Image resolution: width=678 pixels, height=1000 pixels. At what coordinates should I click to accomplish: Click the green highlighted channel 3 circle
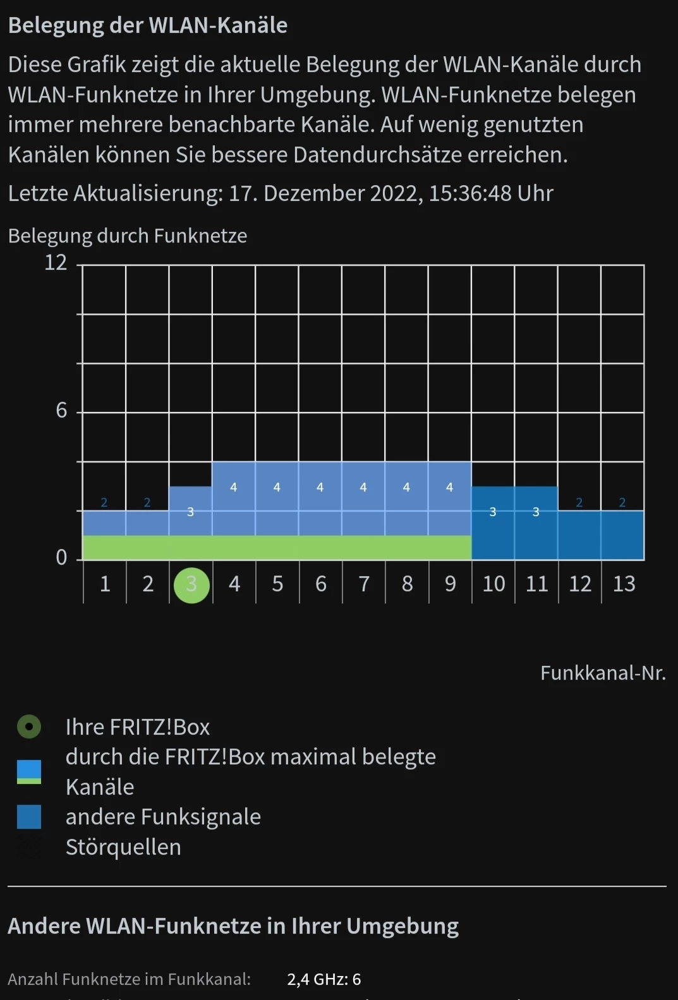[x=191, y=585]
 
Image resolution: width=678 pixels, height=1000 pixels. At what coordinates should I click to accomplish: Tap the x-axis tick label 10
[x=493, y=584]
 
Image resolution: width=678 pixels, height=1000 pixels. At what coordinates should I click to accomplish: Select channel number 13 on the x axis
[x=624, y=584]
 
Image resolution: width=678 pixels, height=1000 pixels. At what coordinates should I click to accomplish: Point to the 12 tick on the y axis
[x=56, y=262]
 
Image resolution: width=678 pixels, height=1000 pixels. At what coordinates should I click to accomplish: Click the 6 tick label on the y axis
[x=61, y=411]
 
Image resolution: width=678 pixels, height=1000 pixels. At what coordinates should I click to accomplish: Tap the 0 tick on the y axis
[x=61, y=557]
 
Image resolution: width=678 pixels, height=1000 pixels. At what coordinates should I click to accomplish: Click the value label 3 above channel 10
[x=493, y=512]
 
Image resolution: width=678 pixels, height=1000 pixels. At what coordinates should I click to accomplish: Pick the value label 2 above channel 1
[x=104, y=503]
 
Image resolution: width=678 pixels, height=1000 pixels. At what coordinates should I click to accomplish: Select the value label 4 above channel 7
[x=363, y=487]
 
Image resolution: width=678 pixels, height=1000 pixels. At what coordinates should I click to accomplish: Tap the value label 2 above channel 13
[x=622, y=503]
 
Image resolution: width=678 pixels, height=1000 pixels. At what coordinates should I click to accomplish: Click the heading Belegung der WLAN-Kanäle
[x=148, y=25]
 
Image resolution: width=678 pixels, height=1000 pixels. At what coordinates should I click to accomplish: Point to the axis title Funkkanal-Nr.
[x=603, y=673]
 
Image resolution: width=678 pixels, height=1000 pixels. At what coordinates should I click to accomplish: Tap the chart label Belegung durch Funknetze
[x=128, y=236]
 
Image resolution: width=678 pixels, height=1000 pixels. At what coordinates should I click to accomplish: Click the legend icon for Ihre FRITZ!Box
[x=29, y=727]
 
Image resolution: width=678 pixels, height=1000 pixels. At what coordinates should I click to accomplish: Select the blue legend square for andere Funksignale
[x=29, y=817]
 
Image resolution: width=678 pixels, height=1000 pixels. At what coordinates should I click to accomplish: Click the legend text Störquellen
[x=123, y=847]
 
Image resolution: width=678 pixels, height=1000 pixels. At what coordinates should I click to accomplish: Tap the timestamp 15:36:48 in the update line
[x=470, y=193]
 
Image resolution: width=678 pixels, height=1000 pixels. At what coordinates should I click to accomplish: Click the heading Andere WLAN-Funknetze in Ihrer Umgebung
[x=233, y=926]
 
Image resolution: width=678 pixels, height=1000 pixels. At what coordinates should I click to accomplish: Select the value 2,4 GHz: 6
[x=324, y=979]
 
